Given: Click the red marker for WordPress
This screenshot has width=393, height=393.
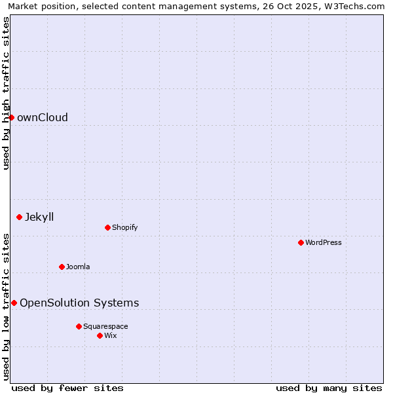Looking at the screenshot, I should tap(301, 242).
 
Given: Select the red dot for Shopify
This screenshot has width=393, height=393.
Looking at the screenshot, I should tap(107, 227).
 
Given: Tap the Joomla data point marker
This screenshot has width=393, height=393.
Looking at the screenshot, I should tap(62, 267).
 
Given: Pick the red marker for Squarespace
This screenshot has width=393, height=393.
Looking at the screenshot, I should tap(79, 326).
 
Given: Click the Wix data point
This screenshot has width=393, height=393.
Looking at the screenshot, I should tap(100, 335).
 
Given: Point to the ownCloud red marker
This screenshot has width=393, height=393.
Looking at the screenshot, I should tap(11, 117).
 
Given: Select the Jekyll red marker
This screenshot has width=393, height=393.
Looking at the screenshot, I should tap(19, 217).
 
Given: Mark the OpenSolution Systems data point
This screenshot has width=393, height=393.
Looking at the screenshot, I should tap(14, 303).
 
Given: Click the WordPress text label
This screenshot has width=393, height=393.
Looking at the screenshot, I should tap(324, 242).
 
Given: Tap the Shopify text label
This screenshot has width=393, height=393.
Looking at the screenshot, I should tap(124, 227).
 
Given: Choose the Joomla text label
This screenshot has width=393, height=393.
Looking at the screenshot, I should tap(78, 267).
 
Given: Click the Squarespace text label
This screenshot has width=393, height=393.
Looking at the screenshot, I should tap(105, 326).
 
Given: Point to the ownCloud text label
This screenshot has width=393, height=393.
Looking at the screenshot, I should tap(43, 117).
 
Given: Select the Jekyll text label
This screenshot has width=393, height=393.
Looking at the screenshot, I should tap(39, 217).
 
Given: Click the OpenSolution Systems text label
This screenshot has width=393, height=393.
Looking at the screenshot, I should tap(79, 303).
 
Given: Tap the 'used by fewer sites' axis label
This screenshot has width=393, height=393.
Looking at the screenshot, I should tap(67, 388).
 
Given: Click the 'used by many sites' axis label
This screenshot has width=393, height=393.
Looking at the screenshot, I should tap(329, 388).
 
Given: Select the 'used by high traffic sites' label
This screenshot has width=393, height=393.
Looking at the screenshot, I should tap(6, 93).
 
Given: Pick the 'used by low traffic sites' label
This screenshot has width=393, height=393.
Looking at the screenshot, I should tap(6, 306).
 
